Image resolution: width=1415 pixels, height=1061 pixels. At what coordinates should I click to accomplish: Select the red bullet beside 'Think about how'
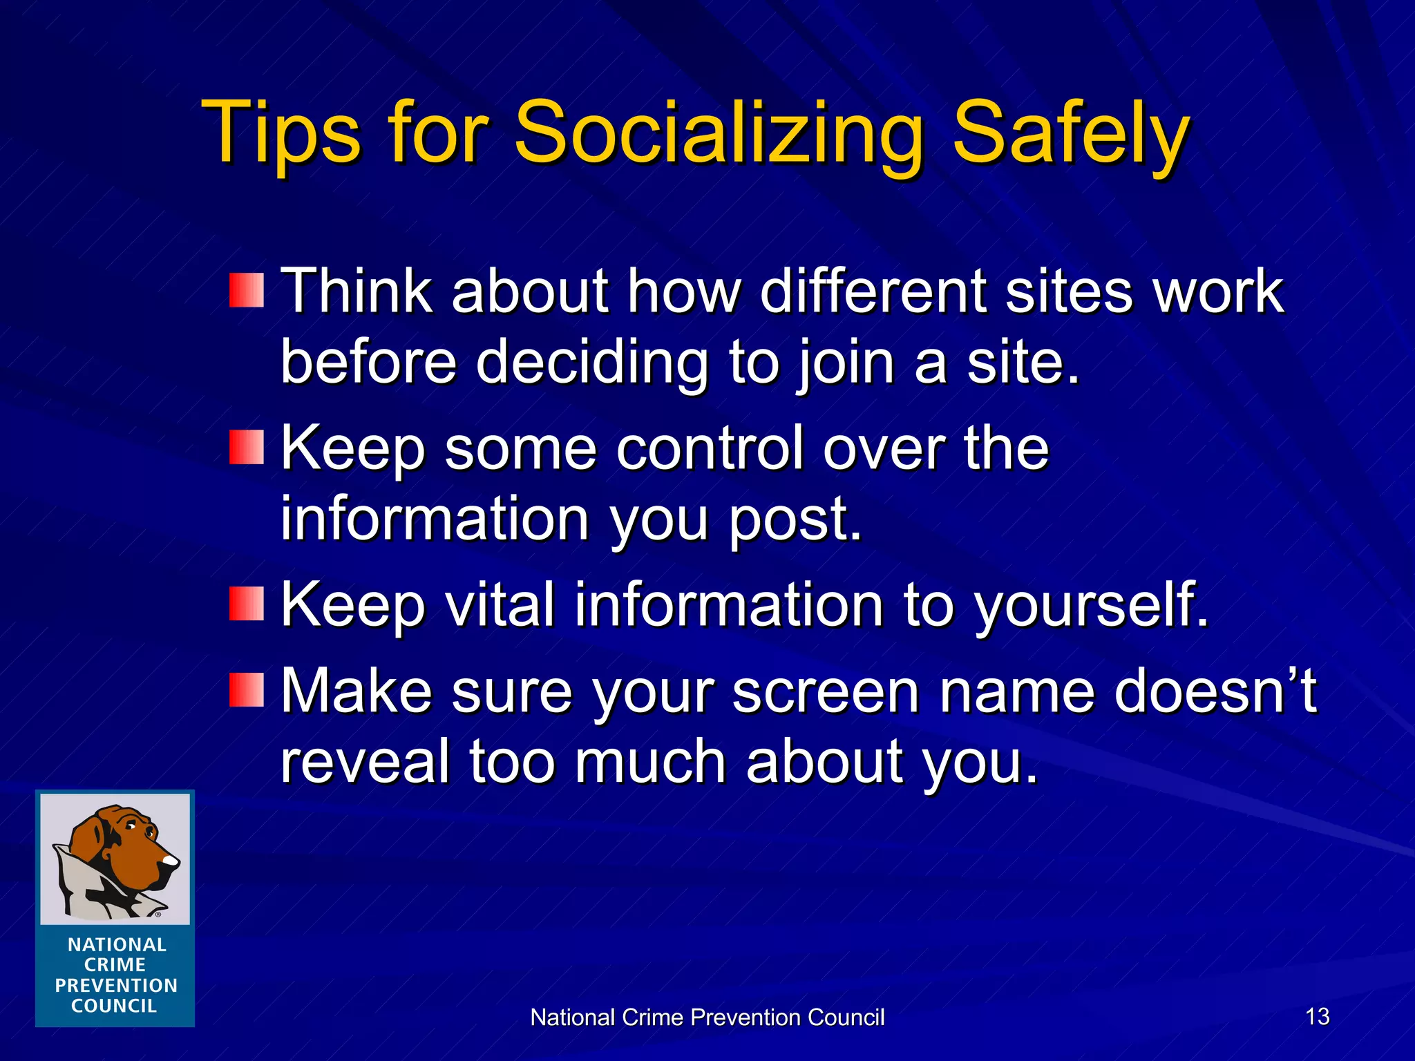point(247,291)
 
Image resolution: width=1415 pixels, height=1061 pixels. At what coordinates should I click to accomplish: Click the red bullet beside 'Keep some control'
point(247,447)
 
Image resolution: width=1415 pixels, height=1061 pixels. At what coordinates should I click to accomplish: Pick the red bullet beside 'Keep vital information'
point(247,604)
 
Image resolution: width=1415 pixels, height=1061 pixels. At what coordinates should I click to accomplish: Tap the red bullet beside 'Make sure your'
point(247,690)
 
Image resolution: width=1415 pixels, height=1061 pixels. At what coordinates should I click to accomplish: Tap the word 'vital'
point(500,605)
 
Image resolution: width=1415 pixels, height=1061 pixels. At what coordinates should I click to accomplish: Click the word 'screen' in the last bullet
point(826,691)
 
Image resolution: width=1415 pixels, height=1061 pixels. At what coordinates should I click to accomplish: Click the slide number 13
point(1318,1017)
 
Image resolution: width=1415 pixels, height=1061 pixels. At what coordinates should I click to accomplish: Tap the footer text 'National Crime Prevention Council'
point(707,1017)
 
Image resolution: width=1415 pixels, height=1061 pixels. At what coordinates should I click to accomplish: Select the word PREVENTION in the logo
point(116,986)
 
